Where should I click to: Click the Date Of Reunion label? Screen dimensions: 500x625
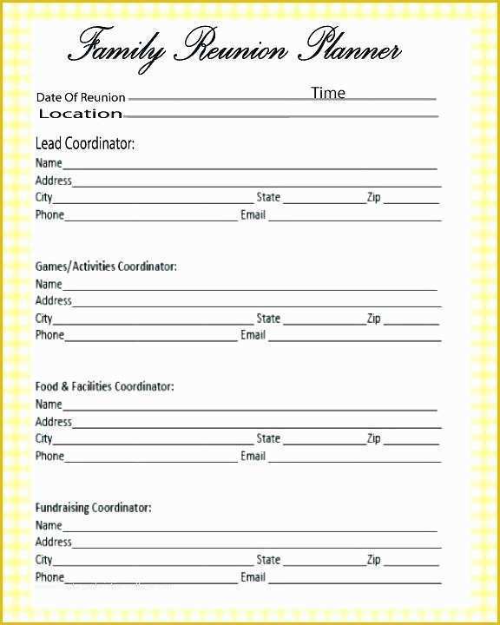click(81, 97)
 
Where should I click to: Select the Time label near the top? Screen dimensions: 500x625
click(328, 93)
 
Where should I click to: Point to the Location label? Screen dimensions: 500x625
click(81, 114)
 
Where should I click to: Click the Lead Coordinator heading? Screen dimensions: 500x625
click(85, 143)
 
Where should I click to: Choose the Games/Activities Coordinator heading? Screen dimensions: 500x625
click(106, 266)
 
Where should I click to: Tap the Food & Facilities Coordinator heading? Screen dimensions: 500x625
click(104, 386)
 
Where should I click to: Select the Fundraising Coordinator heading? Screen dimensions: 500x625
click(93, 507)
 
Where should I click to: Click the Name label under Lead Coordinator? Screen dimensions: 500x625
click(49, 163)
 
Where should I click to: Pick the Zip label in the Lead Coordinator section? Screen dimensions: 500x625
click(373, 198)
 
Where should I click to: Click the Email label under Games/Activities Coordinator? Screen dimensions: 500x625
click(253, 335)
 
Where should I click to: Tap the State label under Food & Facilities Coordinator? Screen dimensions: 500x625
click(268, 438)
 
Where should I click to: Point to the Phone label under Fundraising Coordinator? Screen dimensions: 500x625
click(49, 577)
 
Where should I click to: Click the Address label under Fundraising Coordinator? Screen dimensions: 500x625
click(54, 543)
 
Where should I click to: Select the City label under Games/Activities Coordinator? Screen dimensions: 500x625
click(44, 319)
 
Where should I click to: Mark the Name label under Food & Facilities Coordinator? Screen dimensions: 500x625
click(49, 405)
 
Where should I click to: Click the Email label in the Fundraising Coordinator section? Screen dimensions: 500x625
click(253, 577)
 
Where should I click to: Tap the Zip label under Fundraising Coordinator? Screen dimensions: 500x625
click(373, 560)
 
